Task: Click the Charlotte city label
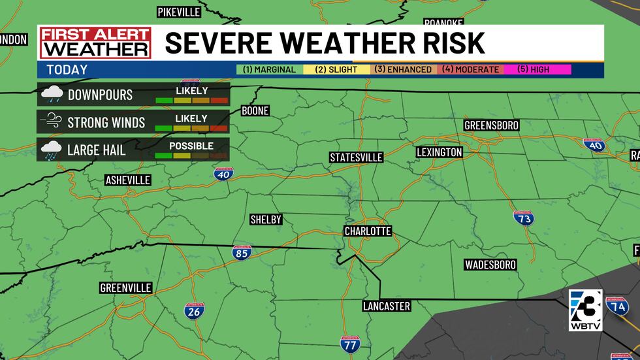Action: pyautogui.click(x=368, y=231)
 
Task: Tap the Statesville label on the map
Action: pyautogui.click(x=356, y=157)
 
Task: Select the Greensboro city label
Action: pyautogui.click(x=491, y=125)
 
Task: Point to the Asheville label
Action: pyautogui.click(x=128, y=180)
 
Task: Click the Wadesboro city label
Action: pyautogui.click(x=490, y=265)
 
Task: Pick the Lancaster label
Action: pyautogui.click(x=387, y=306)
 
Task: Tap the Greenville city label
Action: pyautogui.click(x=126, y=287)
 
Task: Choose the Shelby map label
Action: pyautogui.click(x=266, y=220)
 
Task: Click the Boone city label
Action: pyautogui.click(x=255, y=110)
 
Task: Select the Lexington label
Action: pyautogui.click(x=440, y=152)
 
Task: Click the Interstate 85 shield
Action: pyautogui.click(x=242, y=252)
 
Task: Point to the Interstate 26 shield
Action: pyautogui.click(x=194, y=311)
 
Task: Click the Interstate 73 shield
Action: pyautogui.click(x=524, y=219)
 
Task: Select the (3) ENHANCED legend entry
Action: pyautogui.click(x=402, y=69)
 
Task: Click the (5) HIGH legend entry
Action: pyautogui.click(x=535, y=69)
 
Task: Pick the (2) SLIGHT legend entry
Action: pyautogui.click(x=336, y=69)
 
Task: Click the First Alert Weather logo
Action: pyautogui.click(x=95, y=43)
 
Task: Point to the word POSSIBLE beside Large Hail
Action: pyautogui.click(x=191, y=146)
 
